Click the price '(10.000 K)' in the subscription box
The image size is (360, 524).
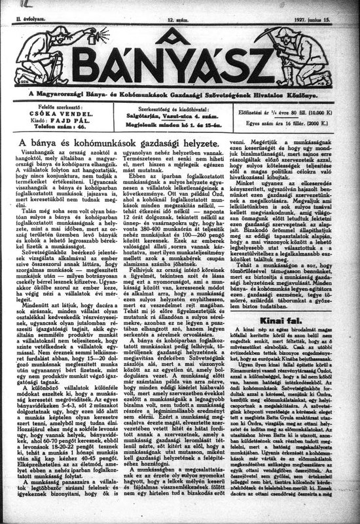click(333, 113)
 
